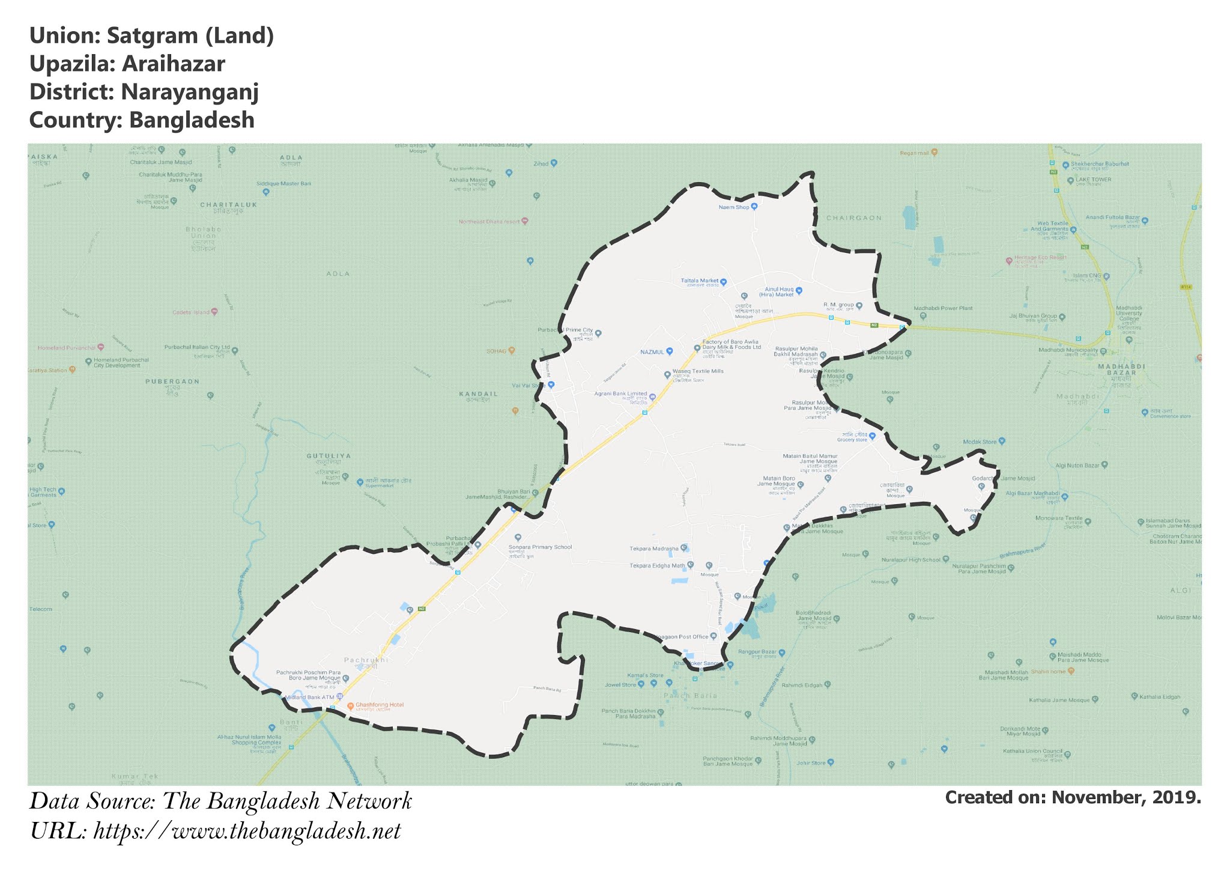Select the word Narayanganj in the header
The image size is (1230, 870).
[189, 92]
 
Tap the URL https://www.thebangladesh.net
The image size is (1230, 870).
[247, 832]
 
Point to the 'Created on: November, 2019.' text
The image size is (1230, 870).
[1073, 797]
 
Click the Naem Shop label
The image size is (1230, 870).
[734, 207]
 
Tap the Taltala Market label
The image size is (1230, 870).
[700, 281]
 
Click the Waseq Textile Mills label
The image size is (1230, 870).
[697, 371]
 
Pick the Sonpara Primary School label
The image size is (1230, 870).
[540, 547]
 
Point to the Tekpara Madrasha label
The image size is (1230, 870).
[653, 549]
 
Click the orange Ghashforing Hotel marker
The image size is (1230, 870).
[351, 705]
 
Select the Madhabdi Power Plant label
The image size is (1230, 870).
[942, 308]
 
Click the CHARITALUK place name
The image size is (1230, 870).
[228, 205]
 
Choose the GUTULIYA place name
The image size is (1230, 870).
[329, 456]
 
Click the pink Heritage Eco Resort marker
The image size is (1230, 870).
[1009, 261]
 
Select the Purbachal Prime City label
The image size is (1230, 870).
[566, 330]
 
